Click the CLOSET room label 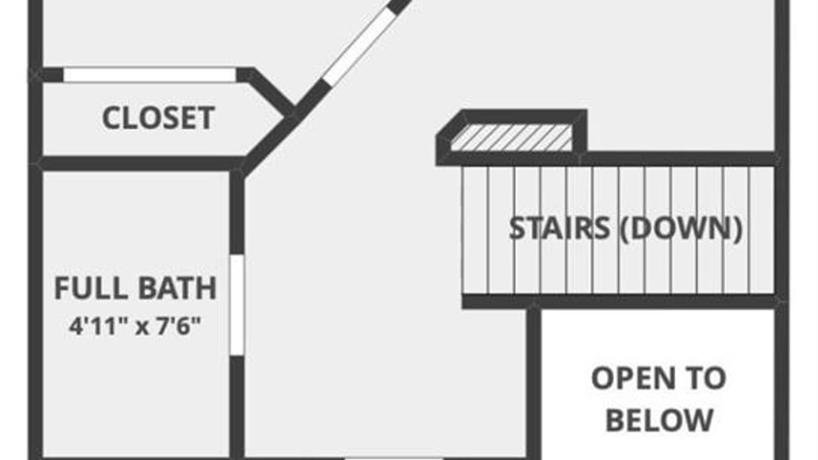[x=158, y=118]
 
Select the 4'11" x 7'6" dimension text [x=135, y=326]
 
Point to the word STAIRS [x=559, y=228]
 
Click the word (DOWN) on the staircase [x=680, y=228]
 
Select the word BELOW [x=659, y=420]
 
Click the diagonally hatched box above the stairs [x=511, y=137]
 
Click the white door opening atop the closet [x=149, y=75]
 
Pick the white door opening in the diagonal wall [x=359, y=46]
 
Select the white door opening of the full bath [x=237, y=305]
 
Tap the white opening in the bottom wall [x=394, y=458]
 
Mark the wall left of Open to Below [x=534, y=384]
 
